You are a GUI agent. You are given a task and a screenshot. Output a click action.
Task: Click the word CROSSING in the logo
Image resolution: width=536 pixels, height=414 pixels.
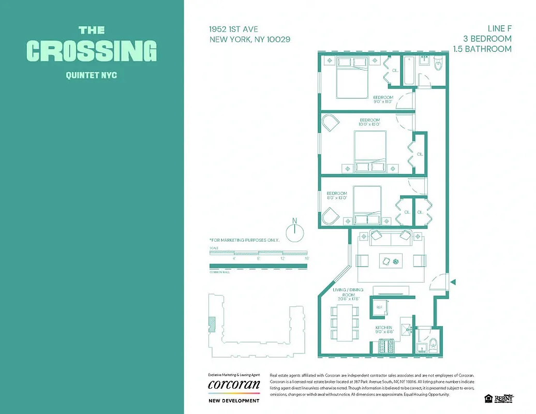pos(91,51)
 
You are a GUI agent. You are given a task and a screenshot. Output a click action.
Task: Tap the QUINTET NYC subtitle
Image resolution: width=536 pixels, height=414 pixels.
pos(92,76)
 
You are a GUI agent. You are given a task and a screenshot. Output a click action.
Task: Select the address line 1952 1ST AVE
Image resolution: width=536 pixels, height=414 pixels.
pos(234,29)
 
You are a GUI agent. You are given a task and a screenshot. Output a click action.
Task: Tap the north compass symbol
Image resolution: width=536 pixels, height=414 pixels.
pos(294,233)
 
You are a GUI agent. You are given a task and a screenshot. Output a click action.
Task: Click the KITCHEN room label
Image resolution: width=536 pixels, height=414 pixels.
pos(384,328)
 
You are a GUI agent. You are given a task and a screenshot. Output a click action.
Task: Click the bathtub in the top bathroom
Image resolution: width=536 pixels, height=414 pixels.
pos(408,70)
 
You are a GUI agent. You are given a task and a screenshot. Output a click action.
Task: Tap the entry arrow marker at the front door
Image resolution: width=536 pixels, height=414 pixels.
pos(453,282)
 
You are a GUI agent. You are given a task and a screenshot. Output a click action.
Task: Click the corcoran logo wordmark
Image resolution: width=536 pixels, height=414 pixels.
pos(234,385)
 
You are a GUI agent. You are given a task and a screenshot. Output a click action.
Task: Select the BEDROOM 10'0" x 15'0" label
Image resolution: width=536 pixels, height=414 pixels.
pos(370,122)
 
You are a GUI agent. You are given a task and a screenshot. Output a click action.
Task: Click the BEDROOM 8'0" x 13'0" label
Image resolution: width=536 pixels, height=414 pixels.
pos(337,196)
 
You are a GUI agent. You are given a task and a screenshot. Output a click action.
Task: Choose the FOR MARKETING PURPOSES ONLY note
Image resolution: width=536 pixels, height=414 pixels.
pos(244,240)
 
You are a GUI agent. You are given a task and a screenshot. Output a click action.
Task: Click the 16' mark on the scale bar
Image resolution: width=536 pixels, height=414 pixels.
pos(306,258)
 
